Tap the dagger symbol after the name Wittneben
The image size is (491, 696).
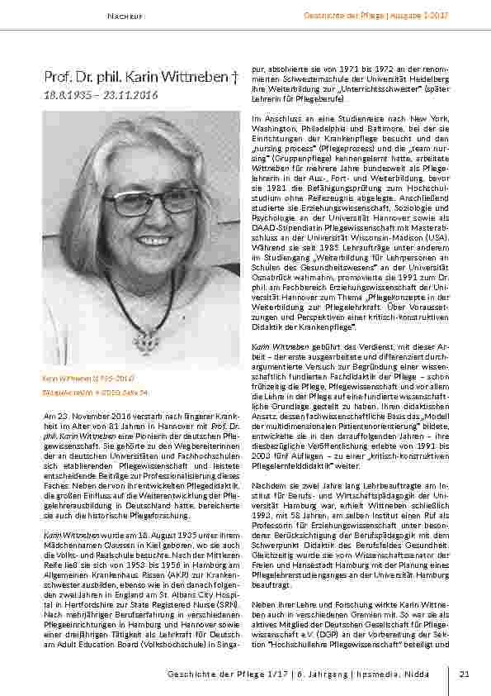[x=235, y=78]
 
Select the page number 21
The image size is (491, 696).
[x=464, y=675]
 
